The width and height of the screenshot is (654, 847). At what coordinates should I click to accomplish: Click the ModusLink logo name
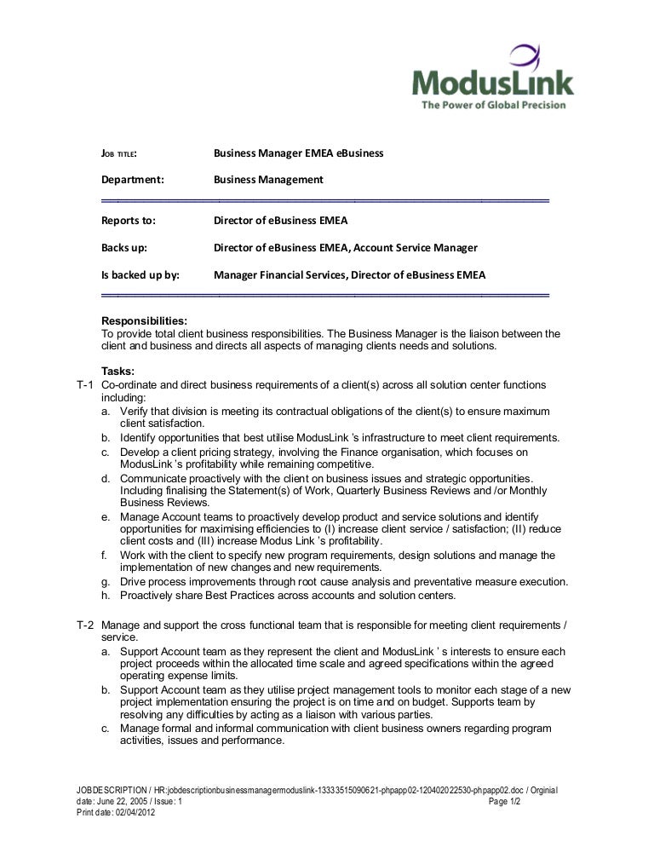492,83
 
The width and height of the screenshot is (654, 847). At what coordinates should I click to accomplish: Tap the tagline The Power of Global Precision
493,105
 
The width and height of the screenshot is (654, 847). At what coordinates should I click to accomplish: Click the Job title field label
119,153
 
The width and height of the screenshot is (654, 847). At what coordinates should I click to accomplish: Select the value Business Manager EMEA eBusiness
298,153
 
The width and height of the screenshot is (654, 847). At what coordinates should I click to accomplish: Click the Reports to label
129,221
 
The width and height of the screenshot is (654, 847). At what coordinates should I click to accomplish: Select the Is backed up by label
141,274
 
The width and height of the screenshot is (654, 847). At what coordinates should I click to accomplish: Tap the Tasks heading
118,371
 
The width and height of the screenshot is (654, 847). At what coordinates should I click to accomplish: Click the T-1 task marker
84,385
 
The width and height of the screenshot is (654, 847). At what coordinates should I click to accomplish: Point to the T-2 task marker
84,625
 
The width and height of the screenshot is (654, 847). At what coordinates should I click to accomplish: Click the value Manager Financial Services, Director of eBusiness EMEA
349,274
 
